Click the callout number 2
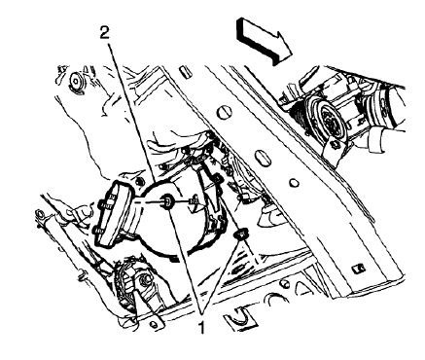(x=102, y=31)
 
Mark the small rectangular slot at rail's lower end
(x=359, y=265)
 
